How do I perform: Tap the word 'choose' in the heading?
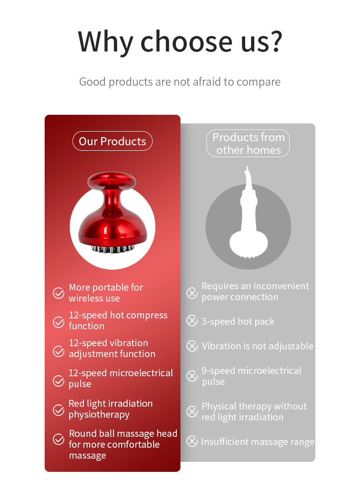[186, 41]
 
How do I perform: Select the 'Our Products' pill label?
[113, 141]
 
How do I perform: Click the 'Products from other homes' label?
[248, 143]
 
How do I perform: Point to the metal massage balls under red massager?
[113, 249]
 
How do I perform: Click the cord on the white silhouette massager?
[248, 177]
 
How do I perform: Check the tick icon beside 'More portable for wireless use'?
[58, 293]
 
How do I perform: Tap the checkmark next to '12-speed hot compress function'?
[58, 322]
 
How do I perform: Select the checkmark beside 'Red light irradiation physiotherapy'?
[58, 410]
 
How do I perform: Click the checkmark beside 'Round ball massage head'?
[58, 439]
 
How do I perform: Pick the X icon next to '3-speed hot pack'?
[192, 321]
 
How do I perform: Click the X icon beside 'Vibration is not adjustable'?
[192, 346]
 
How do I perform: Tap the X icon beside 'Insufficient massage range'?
[192, 441]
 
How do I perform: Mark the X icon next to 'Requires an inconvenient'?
[192, 293]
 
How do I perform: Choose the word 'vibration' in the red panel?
[129, 343]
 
